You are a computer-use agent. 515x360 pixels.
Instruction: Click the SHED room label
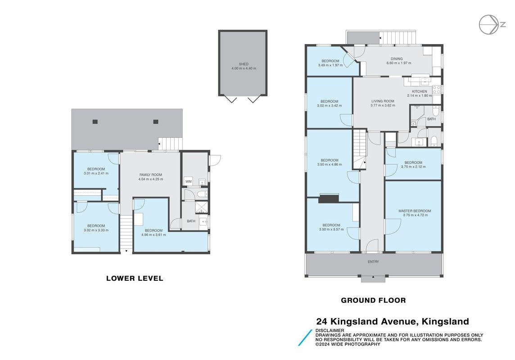pyautogui.click(x=244, y=64)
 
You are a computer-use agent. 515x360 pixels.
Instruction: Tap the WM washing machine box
pyautogui.click(x=188, y=181)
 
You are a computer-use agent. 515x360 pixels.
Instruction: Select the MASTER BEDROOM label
pyautogui.click(x=415, y=211)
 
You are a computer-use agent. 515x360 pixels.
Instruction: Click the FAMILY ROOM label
pyautogui.click(x=151, y=175)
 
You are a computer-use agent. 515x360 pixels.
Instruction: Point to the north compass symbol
pyautogui.click(x=492, y=25)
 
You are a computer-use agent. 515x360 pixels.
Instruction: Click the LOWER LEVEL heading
pyautogui.click(x=135, y=278)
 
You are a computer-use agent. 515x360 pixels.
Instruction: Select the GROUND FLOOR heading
pyautogui.click(x=374, y=300)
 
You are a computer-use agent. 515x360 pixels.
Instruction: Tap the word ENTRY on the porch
pyautogui.click(x=374, y=261)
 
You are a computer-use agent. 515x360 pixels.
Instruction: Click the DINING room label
pyautogui.click(x=397, y=59)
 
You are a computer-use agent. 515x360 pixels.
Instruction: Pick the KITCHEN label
pyautogui.click(x=420, y=91)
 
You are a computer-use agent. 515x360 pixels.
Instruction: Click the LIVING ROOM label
pyautogui.click(x=383, y=101)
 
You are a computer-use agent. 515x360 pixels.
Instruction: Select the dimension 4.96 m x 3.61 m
pyautogui.click(x=154, y=234)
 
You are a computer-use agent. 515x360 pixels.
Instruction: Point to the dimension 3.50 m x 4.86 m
pyautogui.click(x=330, y=164)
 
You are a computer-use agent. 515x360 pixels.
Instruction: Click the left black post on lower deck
pyautogui.click(x=95, y=122)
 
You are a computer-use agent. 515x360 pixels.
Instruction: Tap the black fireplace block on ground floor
pyautogui.click(x=329, y=198)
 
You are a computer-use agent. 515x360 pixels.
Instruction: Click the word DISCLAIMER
pyautogui.click(x=330, y=330)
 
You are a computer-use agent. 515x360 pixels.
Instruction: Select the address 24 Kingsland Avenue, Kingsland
pyautogui.click(x=393, y=321)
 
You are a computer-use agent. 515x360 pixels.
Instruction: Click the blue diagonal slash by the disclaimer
pyautogui.click(x=305, y=337)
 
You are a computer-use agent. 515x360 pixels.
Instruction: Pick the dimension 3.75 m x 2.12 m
pyautogui.click(x=413, y=166)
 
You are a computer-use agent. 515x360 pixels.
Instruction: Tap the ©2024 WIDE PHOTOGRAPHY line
pyautogui.click(x=348, y=344)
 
